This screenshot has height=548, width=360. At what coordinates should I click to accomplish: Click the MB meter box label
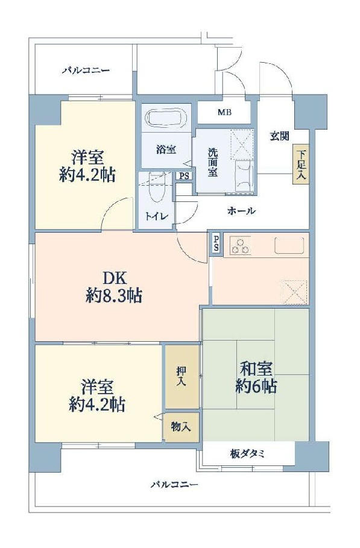[224, 112]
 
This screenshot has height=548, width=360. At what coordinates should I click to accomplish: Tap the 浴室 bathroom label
[166, 150]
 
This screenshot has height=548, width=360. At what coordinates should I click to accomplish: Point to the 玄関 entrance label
[279, 136]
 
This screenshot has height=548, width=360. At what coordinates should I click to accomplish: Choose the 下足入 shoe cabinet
[302, 164]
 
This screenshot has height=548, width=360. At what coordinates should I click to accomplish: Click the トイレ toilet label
[156, 215]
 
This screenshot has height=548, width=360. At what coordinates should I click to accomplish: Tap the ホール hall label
[242, 211]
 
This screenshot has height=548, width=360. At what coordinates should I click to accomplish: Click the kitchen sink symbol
[289, 246]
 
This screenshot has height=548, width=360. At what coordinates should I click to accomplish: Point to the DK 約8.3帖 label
[114, 286]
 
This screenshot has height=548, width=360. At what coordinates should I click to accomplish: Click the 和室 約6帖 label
[256, 377]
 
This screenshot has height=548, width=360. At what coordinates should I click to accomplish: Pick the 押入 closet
[181, 376]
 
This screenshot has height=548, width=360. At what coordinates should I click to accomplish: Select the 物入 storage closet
[181, 427]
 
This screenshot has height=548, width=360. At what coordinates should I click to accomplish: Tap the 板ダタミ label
[247, 453]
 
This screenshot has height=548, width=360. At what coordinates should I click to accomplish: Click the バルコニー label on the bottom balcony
[174, 484]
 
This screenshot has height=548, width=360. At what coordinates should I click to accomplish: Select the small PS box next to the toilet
[183, 176]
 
